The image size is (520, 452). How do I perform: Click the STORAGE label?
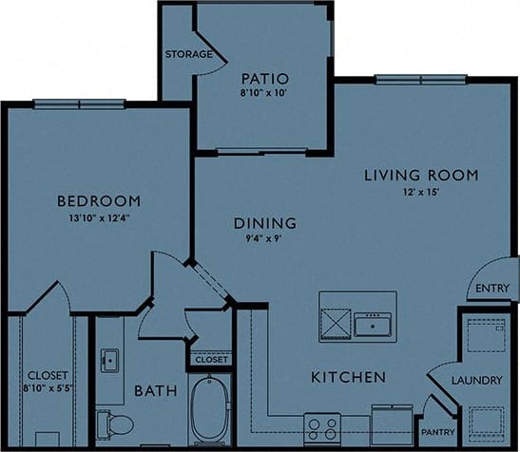188,54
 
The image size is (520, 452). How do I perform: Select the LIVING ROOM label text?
421,176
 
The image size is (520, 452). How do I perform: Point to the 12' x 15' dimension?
421,194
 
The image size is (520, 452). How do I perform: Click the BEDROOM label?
99,201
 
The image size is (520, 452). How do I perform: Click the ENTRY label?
491,289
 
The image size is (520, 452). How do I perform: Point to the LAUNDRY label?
477,381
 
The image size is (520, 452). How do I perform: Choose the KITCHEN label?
348,377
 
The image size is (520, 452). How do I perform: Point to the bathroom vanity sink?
109,361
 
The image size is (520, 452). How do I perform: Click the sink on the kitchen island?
375,326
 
